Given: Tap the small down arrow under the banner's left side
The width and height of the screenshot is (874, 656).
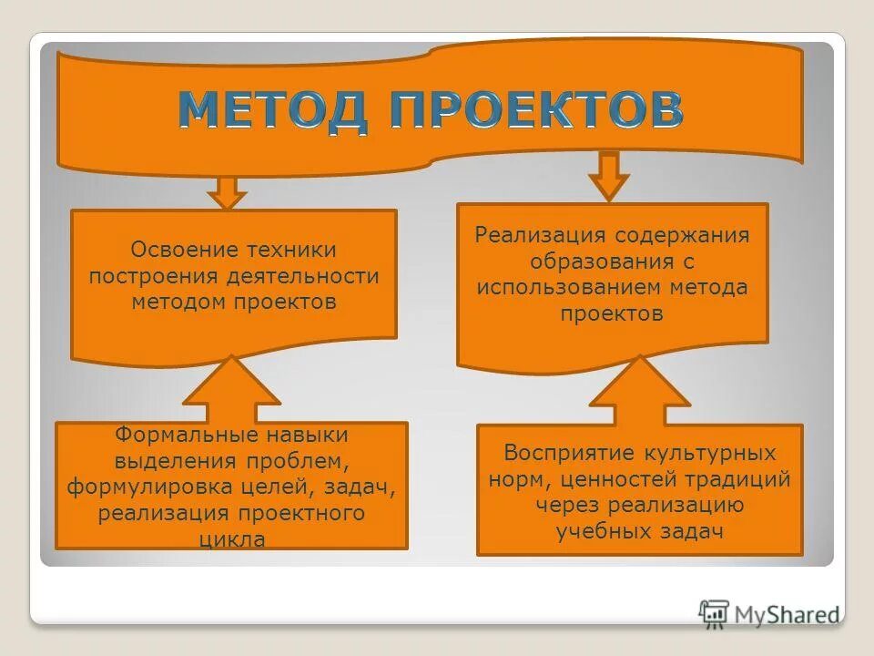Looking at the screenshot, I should tap(227, 190).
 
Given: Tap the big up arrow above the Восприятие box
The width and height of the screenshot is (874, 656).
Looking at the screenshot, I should tap(640, 392).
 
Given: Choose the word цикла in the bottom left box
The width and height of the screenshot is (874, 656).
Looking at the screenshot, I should tap(231, 539).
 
